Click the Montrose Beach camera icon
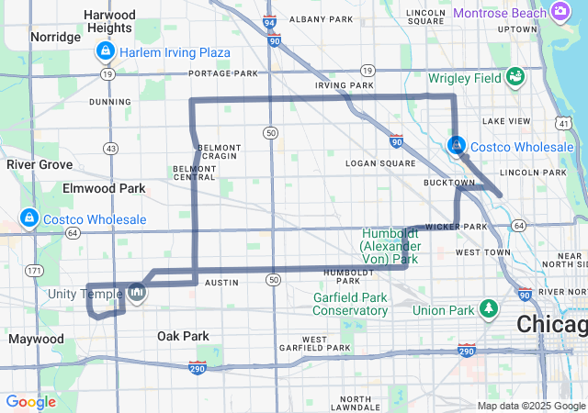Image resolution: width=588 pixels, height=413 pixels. coord(560,11)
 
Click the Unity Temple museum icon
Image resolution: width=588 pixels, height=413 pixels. coord(136,293)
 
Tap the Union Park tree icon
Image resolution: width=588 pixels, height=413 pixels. coord(491,308)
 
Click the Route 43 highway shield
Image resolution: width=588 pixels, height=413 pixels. coord(111,148)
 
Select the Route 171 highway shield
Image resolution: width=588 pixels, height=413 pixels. coord(35,270)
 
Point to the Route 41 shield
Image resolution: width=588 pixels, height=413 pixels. coord(562,123)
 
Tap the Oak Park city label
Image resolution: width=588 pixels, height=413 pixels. coord(183,336)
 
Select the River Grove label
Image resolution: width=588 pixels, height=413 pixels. coord(40,164)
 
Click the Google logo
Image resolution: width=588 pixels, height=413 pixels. coord(30,402)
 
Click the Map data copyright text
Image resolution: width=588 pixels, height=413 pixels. coord(530,406)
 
